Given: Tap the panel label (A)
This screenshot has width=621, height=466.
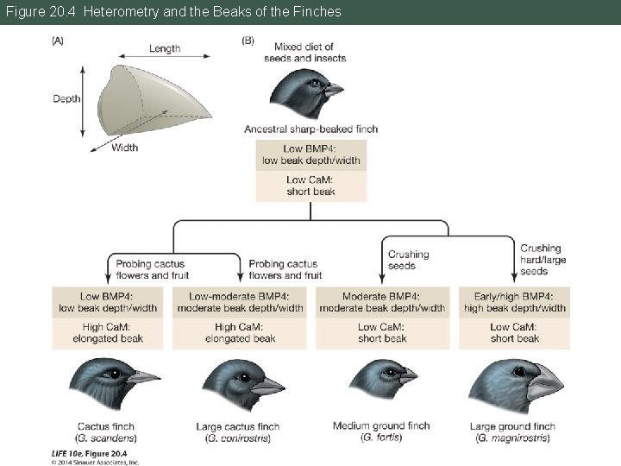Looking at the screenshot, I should (x=58, y=40).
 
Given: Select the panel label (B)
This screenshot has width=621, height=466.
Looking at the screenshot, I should (x=248, y=40).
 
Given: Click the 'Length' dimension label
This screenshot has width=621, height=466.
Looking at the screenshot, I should (x=165, y=48).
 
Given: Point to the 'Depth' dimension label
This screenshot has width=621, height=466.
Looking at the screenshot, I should (x=66, y=98).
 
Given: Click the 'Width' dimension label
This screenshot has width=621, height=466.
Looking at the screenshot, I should (x=124, y=148).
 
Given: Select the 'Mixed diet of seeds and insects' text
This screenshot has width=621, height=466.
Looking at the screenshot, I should (x=310, y=53).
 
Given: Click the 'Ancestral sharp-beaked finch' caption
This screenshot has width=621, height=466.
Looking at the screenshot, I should (x=310, y=129).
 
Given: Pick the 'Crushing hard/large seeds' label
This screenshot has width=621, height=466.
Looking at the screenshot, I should (x=540, y=260).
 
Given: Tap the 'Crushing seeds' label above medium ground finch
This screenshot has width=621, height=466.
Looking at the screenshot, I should (x=408, y=260).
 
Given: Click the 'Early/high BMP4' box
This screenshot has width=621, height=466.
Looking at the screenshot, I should (x=514, y=303).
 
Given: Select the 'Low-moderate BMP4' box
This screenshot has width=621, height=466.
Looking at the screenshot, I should (x=240, y=303).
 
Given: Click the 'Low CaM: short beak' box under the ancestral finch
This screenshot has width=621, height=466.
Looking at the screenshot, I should (x=310, y=186).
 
